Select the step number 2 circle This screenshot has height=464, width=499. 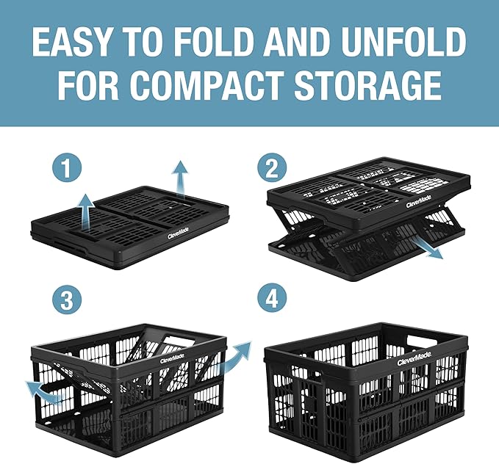(x=272, y=170)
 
